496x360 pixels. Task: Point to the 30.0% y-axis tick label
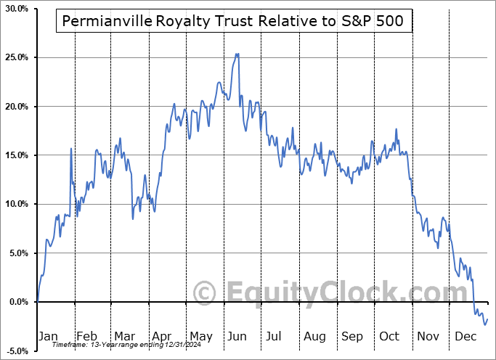pos(16,8)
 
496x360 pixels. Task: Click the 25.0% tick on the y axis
pos(16,57)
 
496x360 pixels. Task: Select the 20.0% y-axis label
pos(16,106)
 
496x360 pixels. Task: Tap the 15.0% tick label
pos(16,155)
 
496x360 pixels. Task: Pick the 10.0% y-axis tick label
pos(16,204)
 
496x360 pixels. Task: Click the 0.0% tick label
pos(18,302)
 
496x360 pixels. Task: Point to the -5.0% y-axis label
pos(16,351)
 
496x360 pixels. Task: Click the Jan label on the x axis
pos(47,337)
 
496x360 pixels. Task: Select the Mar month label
pos(125,337)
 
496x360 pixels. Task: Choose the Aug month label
pos(314,337)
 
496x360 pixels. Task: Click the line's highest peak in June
pos(237,54)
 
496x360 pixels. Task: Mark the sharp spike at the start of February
pos(71,148)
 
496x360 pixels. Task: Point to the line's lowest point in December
pos(484,324)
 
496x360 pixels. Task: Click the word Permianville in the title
pos(107,22)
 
